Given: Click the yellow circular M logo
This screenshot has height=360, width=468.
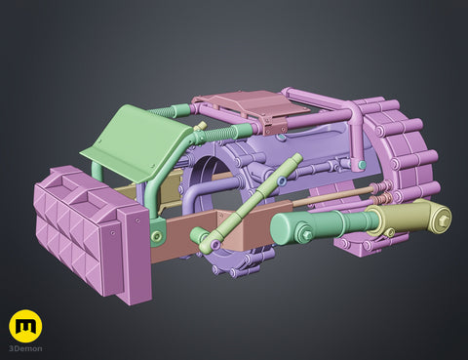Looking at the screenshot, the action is [25, 326].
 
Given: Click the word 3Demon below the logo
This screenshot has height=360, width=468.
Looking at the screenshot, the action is [25, 349].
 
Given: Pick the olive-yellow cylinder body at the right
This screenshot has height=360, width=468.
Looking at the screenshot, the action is [408, 218].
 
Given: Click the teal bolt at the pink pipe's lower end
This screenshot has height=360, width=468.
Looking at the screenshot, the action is [361, 165].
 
